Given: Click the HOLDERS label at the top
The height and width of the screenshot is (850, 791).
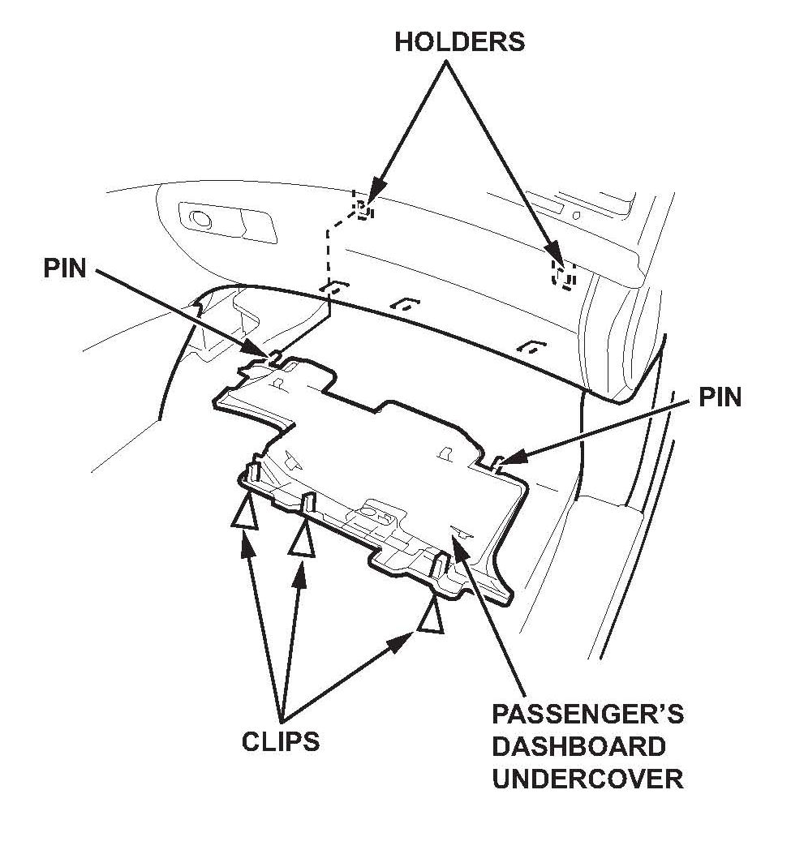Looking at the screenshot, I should (x=459, y=43).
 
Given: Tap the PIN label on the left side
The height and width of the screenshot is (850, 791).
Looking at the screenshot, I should (x=65, y=268).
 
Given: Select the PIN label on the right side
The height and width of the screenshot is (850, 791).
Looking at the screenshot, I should (x=719, y=398).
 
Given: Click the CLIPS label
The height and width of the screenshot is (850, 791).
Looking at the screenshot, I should (x=280, y=741).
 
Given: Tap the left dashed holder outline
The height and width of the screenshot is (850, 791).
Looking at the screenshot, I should (x=362, y=206).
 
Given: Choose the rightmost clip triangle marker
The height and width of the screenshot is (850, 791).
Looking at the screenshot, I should (x=431, y=619).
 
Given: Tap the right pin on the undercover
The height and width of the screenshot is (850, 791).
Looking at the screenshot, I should (x=496, y=462).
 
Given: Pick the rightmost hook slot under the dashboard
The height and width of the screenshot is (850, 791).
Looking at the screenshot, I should (x=531, y=346).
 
